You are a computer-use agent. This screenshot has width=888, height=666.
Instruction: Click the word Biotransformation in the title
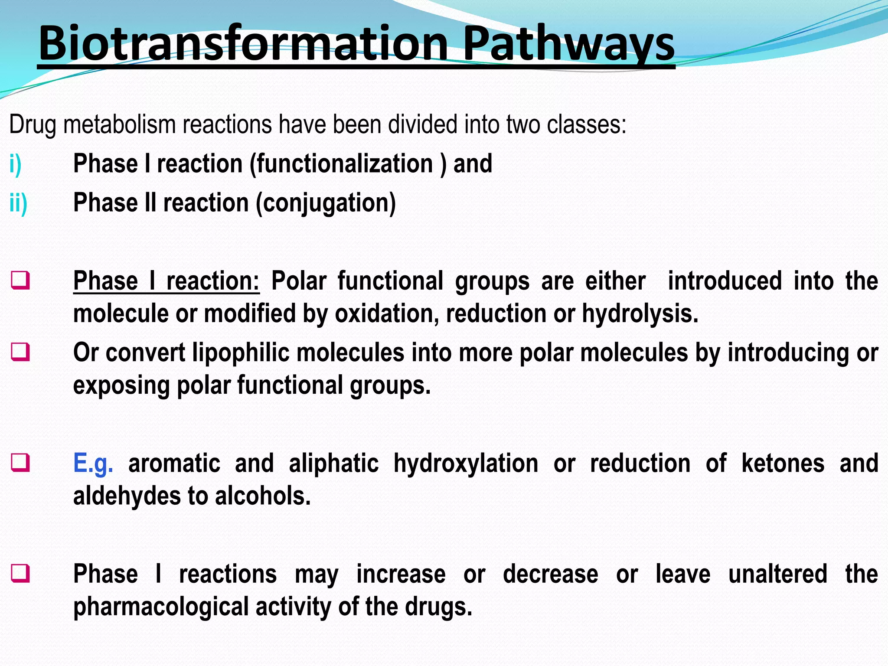243,43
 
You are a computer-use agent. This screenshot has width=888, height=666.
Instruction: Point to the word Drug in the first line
32,125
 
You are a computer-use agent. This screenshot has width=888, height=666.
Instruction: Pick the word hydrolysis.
640,314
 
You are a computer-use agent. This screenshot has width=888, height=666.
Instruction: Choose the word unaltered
777,575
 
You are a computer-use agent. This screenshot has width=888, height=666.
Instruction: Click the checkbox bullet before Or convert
21,352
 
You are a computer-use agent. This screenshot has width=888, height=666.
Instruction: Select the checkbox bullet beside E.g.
21,463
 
